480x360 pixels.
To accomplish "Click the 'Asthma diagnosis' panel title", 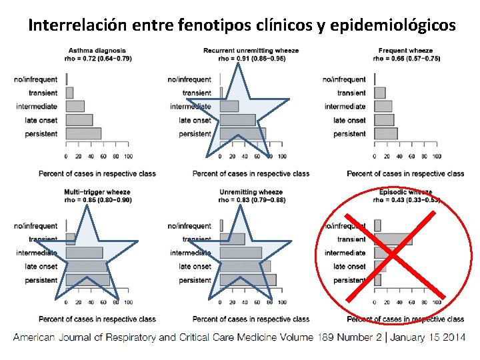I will coord(97,51).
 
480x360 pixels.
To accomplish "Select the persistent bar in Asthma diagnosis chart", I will coord(83,133).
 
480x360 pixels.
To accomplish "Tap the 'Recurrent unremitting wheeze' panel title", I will coord(251,51).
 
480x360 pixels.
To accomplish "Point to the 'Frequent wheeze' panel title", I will coord(405,51).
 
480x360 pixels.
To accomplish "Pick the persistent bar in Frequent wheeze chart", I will coord(386,133).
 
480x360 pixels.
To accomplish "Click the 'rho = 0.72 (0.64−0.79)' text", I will coord(97,58).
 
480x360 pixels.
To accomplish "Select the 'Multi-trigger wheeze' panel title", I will coord(97,192).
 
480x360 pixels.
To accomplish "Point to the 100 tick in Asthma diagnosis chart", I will coord(128,156).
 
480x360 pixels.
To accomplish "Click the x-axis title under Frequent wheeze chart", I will coord(405,174).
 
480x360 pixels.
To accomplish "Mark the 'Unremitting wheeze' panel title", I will coord(251,192).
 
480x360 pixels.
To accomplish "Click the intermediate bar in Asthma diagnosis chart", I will coord(75,107).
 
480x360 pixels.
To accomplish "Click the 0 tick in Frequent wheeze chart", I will coord(375,156).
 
